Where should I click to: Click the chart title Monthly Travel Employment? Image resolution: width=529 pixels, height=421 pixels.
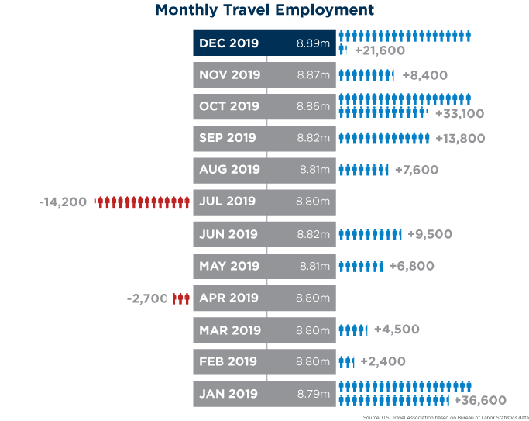(264, 10)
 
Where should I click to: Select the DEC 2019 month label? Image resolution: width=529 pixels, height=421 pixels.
(228, 43)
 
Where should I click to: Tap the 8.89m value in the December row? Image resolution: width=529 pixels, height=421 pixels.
(313, 43)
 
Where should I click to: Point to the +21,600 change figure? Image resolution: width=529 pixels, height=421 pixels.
(380, 50)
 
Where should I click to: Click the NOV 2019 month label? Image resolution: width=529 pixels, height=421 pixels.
(229, 75)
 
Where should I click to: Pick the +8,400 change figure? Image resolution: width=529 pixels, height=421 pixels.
(425, 75)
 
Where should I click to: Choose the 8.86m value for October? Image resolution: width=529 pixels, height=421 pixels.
(313, 106)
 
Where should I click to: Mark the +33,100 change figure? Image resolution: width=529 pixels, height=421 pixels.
(460, 113)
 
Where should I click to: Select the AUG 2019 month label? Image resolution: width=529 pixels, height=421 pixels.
(229, 170)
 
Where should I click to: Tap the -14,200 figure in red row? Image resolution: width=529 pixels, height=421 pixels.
(63, 202)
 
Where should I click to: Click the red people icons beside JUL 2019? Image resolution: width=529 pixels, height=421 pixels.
(143, 202)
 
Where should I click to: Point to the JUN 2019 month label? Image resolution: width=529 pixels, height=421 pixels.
(228, 234)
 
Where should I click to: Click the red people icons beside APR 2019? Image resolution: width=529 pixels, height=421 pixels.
(181, 298)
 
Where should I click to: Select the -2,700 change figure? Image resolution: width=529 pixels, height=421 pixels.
(147, 298)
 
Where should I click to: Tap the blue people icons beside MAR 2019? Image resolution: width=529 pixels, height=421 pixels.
(353, 330)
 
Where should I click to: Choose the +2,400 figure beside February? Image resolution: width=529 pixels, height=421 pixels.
(383, 361)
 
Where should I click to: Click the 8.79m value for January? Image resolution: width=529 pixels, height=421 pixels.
(313, 393)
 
